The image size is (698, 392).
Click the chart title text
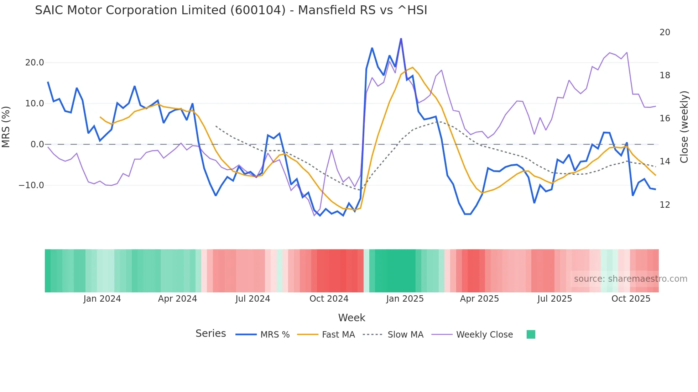(x=231, y=10)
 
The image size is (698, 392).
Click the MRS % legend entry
(x=275, y=335)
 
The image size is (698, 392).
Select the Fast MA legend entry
(x=338, y=335)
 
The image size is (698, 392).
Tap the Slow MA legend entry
(x=405, y=335)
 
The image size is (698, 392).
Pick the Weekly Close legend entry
(x=484, y=335)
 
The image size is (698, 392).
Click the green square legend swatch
(x=531, y=334)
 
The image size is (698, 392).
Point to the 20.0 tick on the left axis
(x=35, y=63)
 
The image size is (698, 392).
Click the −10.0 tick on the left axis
(x=31, y=185)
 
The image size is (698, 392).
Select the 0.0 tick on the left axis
(x=37, y=144)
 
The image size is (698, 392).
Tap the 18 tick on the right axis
(x=665, y=75)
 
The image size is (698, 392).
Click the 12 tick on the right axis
(x=665, y=205)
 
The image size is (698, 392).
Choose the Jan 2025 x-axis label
(x=405, y=299)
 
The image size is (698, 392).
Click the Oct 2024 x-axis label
(x=329, y=299)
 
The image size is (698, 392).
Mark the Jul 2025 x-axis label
(x=554, y=299)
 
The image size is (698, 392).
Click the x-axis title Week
(x=351, y=318)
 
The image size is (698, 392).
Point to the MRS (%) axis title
(x=6, y=127)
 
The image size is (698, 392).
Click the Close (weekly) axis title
(x=684, y=127)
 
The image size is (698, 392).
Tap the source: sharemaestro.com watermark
(x=630, y=279)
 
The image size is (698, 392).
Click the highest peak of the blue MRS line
(x=401, y=39)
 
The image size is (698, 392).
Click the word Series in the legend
(x=210, y=334)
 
